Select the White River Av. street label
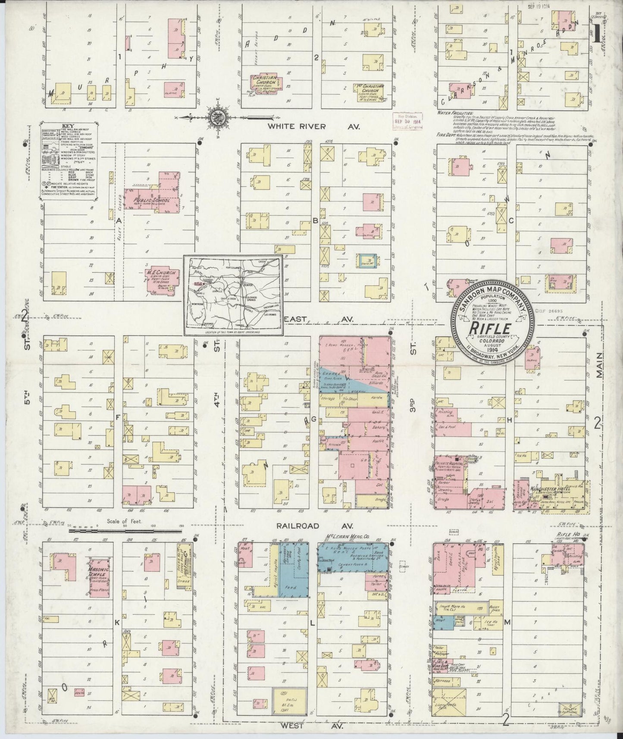tap(310, 126)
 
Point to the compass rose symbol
tap(216, 116)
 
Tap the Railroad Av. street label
tap(310, 526)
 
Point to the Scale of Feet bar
tap(125, 530)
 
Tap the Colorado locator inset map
tap(233, 295)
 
